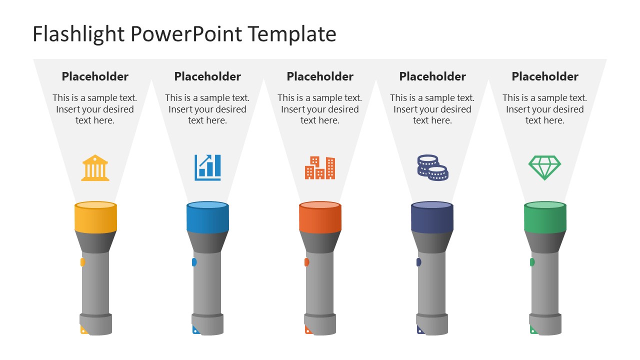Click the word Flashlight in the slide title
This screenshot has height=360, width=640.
tap(78, 34)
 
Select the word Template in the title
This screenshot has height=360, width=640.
tap(292, 34)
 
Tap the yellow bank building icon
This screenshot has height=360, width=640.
tap(95, 167)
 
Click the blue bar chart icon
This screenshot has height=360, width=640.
tap(207, 167)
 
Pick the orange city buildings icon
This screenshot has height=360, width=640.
tap(320, 167)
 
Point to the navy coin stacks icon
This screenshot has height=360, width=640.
tap(432, 167)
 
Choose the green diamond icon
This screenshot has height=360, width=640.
tap(545, 167)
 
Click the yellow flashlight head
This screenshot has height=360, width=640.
tap(95, 218)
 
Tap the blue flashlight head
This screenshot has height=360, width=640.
tap(207, 218)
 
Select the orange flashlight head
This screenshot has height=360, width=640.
tap(320, 218)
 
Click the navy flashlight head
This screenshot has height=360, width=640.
tap(432, 218)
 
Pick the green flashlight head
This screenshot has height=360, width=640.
tap(545, 218)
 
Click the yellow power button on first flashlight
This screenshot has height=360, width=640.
tap(82, 262)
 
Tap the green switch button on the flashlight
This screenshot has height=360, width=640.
tap(532, 262)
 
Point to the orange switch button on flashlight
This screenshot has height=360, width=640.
tap(307, 262)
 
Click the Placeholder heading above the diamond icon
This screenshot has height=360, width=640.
tap(545, 76)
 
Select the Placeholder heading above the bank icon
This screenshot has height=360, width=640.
tap(95, 76)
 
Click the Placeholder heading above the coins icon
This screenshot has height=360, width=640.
tap(432, 76)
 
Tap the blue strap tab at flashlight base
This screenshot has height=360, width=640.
tap(194, 330)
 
